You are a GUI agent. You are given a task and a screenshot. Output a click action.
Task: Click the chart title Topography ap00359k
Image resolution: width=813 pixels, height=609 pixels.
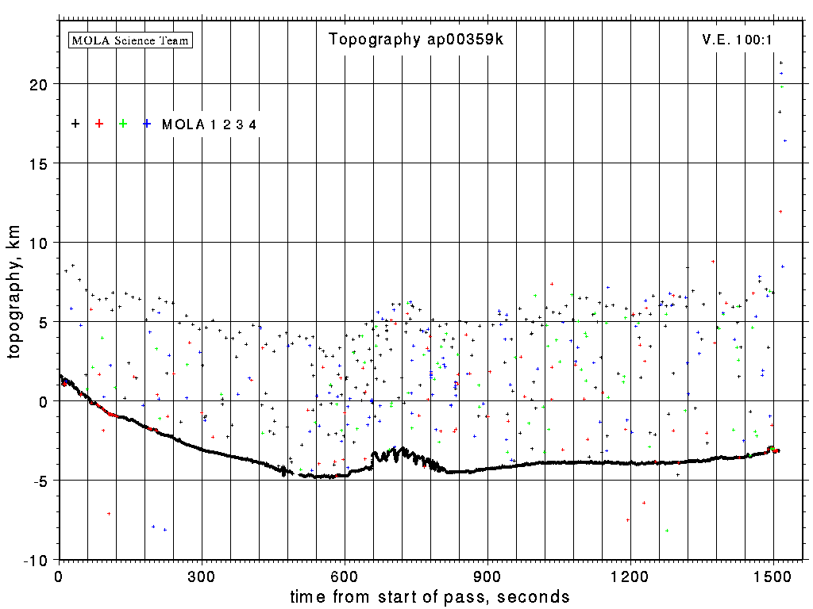(415, 40)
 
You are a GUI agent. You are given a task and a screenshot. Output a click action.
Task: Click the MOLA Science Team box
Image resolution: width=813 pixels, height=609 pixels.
(131, 40)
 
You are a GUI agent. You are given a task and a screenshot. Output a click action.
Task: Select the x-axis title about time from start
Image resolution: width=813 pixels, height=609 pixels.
(430, 596)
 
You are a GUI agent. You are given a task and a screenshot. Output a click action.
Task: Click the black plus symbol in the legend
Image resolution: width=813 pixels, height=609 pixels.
(75, 124)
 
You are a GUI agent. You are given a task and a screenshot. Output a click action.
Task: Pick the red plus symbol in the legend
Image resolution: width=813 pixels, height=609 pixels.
(99, 124)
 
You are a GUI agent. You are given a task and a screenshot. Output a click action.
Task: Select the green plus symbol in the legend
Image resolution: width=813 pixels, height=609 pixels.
(123, 124)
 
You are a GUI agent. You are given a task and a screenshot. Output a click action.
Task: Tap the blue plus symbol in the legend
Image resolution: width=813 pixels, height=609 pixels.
(147, 124)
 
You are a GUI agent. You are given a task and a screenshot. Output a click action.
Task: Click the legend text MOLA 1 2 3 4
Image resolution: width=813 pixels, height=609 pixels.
(209, 124)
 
